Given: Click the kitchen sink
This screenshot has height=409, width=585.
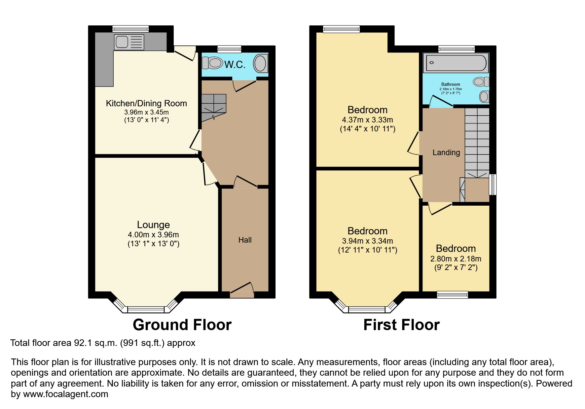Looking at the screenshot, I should (x=129, y=42).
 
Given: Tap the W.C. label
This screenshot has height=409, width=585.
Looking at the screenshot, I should (x=235, y=64).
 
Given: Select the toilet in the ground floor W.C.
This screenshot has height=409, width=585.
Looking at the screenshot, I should (x=213, y=62).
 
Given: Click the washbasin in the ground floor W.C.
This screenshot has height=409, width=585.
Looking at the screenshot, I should (x=260, y=63).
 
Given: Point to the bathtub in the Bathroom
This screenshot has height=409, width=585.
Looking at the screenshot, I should (x=456, y=62).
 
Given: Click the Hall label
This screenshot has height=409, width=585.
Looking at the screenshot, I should (x=245, y=240).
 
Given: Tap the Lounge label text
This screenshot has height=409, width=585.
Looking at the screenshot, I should (x=153, y=225).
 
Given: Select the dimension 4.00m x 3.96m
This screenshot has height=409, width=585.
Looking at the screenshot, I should (x=153, y=235).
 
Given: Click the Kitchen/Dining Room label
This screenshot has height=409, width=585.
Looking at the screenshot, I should (x=146, y=103).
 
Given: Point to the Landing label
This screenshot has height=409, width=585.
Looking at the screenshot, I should (x=446, y=153).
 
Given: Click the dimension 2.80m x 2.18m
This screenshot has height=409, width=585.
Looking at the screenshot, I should (x=456, y=259).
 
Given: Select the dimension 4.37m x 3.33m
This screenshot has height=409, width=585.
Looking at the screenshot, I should (x=367, y=120).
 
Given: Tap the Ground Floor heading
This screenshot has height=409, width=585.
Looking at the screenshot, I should (x=182, y=325).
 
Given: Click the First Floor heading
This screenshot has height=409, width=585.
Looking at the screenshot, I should (x=401, y=325).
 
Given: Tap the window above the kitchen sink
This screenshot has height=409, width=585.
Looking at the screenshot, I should (x=130, y=29).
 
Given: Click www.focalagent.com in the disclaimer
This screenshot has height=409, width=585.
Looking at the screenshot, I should (x=65, y=394).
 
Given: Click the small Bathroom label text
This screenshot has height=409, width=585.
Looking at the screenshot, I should (x=451, y=85).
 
